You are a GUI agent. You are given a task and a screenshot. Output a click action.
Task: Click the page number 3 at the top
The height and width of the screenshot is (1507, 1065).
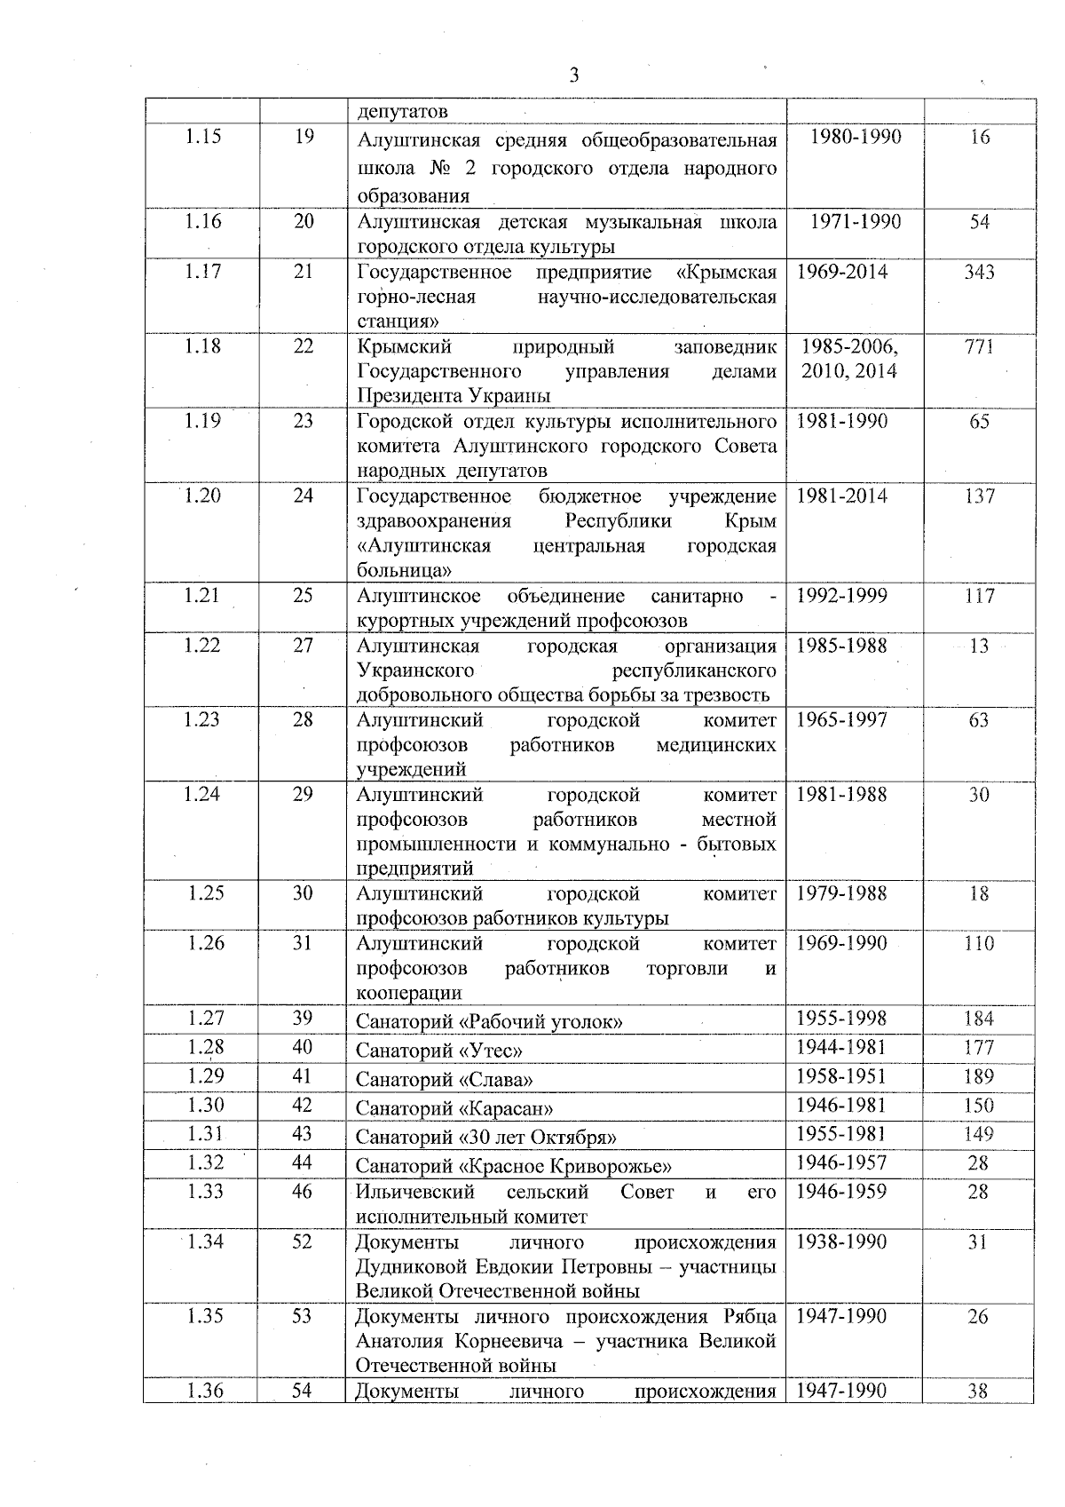(x=574, y=75)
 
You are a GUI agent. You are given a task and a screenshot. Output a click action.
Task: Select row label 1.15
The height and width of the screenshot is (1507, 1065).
(x=203, y=137)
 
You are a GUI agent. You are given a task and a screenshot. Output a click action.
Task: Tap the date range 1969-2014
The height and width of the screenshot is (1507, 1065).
(x=842, y=272)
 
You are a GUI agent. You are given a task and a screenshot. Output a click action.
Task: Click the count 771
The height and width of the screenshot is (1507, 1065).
(x=979, y=346)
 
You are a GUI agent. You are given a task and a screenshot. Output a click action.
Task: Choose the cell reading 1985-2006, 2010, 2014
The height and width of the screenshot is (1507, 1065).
(x=849, y=359)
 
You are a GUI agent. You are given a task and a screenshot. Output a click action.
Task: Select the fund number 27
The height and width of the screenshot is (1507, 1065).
(x=304, y=646)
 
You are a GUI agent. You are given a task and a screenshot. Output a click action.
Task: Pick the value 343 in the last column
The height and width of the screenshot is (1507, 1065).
(x=979, y=272)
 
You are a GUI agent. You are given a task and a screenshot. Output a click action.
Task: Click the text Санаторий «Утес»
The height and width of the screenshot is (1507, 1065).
(x=438, y=1051)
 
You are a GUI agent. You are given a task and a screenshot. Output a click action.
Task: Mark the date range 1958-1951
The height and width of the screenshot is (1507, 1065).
(x=840, y=1076)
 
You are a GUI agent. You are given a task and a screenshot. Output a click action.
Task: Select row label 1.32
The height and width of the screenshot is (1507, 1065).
(x=205, y=1162)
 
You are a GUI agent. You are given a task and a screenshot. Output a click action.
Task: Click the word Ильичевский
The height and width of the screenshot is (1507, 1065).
(x=415, y=1192)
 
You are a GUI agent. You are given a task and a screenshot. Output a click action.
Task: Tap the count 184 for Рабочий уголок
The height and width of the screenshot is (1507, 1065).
(x=979, y=1019)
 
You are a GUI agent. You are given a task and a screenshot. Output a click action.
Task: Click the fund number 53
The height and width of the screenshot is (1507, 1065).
(x=302, y=1316)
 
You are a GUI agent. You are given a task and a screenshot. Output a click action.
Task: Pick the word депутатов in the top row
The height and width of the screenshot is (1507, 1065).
(x=402, y=112)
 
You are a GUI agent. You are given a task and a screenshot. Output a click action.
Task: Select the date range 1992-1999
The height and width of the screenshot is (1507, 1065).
(x=841, y=596)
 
